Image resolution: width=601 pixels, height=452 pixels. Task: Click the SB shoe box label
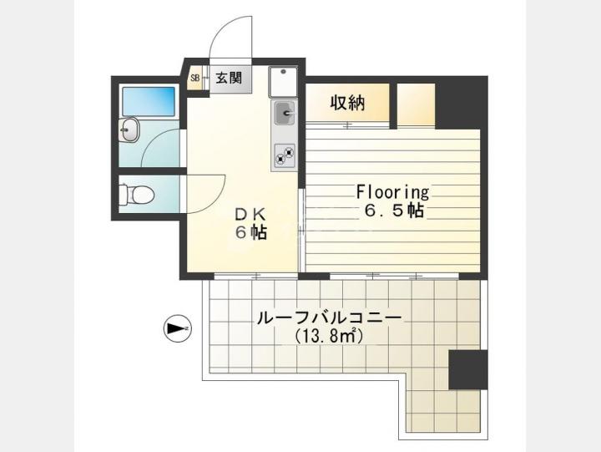click(195, 79)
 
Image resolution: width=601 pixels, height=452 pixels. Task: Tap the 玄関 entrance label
click(229, 79)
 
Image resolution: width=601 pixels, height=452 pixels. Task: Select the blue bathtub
click(149, 101)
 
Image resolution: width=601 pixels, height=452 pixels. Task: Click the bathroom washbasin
click(129, 130)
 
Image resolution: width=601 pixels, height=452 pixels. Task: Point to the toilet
click(136, 195)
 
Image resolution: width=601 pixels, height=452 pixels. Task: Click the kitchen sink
click(284, 113)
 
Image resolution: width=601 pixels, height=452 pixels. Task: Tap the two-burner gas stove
click(284, 155)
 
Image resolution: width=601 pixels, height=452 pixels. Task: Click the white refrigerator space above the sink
click(283, 82)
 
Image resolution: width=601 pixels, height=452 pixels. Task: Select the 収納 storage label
click(347, 103)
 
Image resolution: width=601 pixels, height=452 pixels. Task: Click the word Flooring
click(392, 192)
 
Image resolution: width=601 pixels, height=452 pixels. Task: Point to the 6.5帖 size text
click(394, 211)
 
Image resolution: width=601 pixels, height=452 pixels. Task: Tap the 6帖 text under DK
click(251, 232)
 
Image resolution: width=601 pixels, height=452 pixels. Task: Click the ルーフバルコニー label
click(329, 318)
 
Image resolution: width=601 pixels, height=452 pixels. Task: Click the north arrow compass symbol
click(178, 328)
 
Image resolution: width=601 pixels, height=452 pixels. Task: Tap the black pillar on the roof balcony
click(468, 370)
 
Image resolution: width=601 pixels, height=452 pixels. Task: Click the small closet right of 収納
click(416, 104)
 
